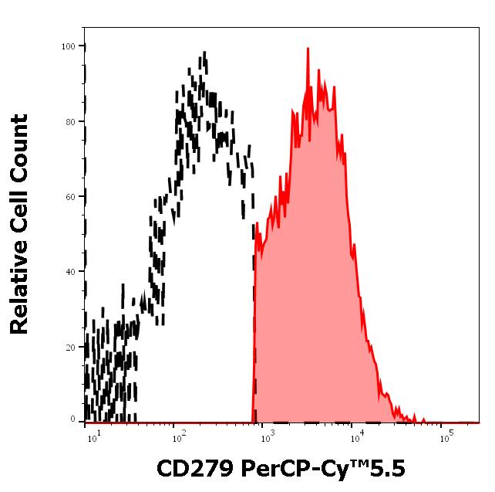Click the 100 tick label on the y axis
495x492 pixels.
[69, 46]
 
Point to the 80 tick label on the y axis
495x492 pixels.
[71, 121]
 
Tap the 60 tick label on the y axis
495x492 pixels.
[71, 197]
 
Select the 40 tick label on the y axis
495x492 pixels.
[71, 272]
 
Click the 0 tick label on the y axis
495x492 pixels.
[73, 420]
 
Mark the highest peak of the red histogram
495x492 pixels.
[308, 49]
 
